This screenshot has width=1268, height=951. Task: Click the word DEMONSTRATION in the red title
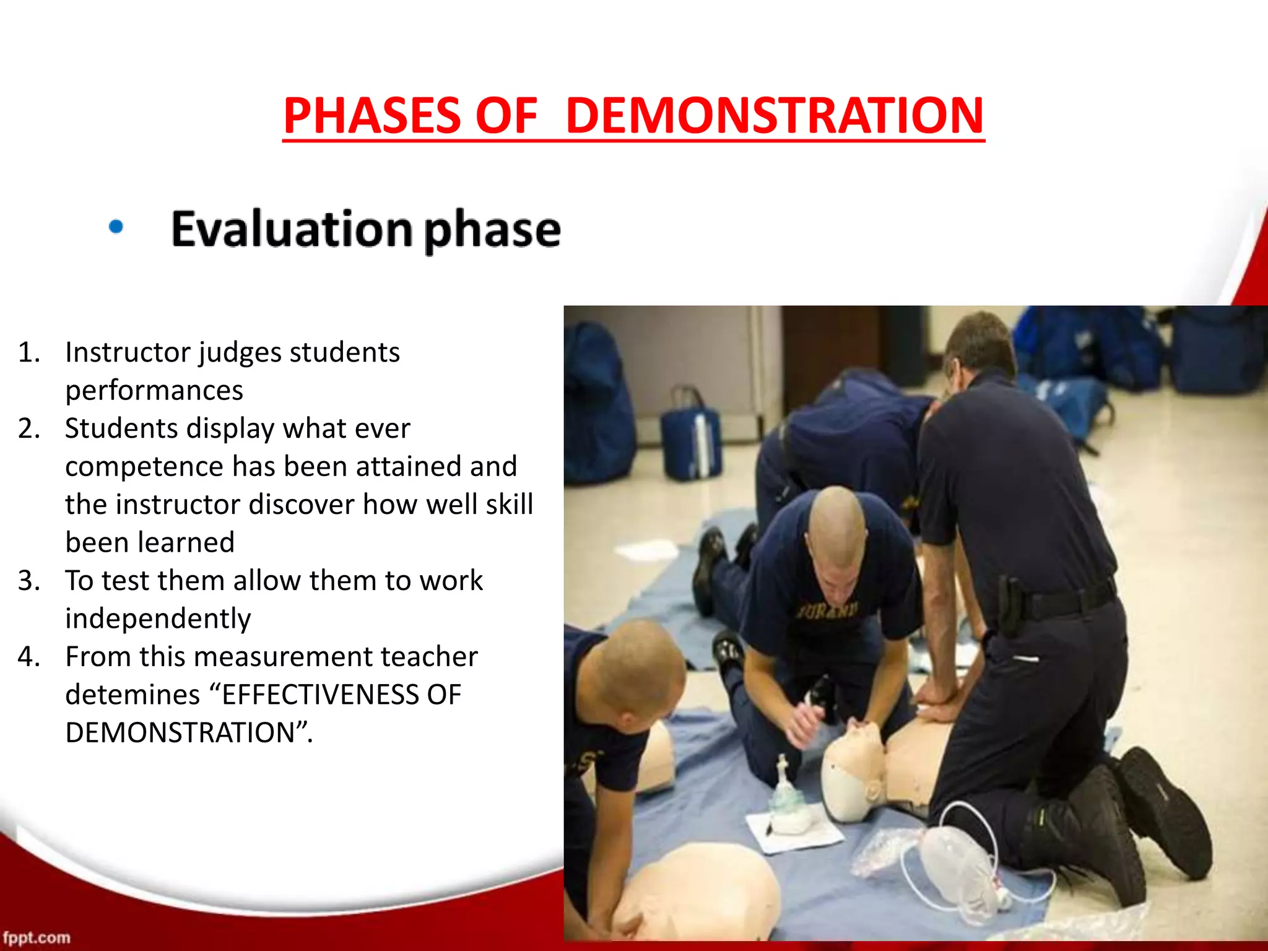[774, 116]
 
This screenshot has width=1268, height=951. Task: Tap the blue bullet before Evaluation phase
[116, 227]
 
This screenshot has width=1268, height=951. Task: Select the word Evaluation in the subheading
[291, 229]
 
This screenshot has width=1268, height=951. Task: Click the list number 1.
[28, 352]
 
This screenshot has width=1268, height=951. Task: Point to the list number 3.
[28, 581]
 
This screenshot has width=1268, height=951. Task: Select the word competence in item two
[144, 466]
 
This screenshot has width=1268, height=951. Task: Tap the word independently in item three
[158, 619]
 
